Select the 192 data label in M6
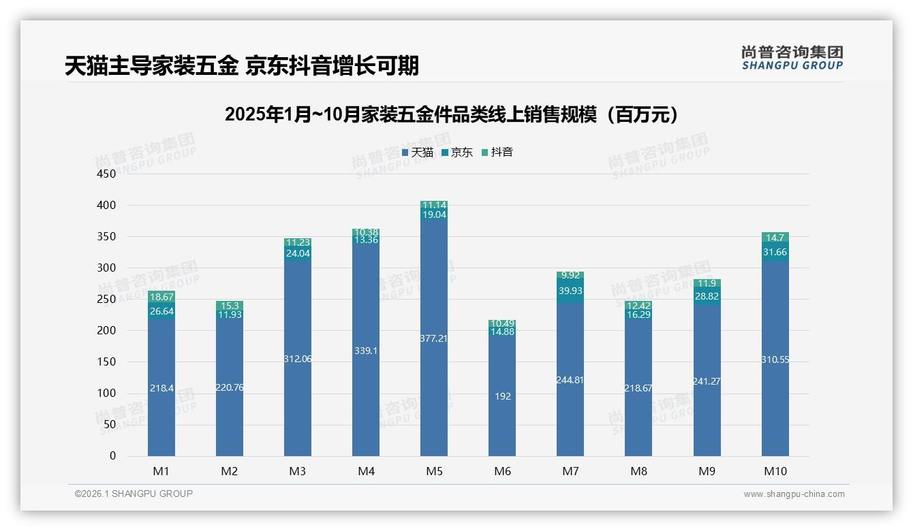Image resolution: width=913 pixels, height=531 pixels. coord(502,396)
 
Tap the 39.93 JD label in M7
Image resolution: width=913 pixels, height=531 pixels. coord(570,291)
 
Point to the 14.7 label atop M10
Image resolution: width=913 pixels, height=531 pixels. coord(775,238)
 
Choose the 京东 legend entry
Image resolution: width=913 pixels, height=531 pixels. coord(457,152)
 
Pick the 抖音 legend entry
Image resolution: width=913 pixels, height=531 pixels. coord(497,152)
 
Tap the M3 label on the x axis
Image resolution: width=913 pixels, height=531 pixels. coord(298,471)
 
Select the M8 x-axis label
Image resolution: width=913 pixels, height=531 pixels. coord(638,471)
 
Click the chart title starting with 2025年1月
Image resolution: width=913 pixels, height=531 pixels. coord(453,114)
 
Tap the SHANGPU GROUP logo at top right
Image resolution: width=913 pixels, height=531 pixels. coord(792,58)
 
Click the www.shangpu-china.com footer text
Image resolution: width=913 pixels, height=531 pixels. coord(794,494)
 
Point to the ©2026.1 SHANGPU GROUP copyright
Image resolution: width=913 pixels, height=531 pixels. coord(134,494)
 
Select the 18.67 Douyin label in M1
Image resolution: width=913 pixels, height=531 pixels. coord(161,297)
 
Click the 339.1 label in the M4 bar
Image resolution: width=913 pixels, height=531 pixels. coord(366,351)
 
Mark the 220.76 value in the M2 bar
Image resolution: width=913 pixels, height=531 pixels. coord(230,387)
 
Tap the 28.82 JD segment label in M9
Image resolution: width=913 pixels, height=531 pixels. coord(707,297)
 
